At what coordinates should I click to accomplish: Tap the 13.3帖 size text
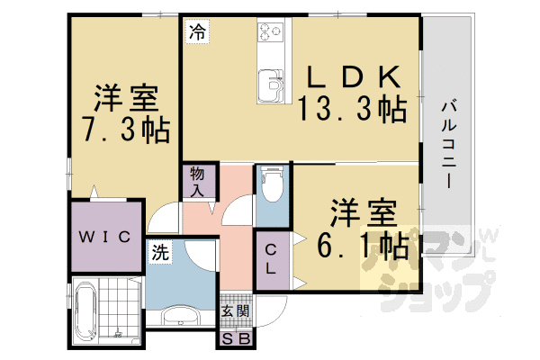353,109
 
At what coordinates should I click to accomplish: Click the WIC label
107,237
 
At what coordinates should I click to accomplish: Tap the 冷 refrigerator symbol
196,32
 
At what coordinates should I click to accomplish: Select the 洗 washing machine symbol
159,253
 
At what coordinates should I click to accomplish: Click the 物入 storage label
198,181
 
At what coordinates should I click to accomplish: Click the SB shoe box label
237,339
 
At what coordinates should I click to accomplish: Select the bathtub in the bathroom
88,316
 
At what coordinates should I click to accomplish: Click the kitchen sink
269,86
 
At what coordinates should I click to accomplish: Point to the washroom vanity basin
179,316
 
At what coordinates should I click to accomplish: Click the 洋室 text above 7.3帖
127,96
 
